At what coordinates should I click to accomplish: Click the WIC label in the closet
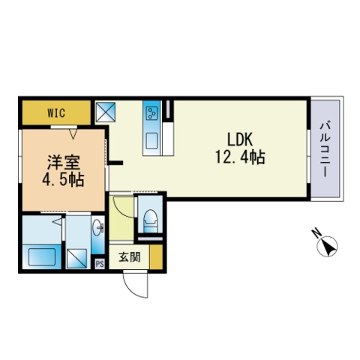56,113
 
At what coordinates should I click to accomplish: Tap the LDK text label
240,139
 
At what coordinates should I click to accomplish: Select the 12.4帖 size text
240,157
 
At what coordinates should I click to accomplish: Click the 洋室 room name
64,163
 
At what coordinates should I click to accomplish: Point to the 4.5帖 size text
63,180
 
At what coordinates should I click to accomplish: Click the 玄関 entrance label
130,257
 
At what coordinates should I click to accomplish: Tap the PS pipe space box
100,264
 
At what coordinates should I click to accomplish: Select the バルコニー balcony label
325,149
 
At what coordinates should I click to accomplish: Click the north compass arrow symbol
327,246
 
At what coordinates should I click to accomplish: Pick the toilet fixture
150,221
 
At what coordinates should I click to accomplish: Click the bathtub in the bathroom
42,256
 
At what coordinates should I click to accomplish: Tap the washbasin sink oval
97,227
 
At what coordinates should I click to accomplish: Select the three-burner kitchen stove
151,113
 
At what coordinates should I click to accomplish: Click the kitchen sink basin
151,142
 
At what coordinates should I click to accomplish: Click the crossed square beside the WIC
106,112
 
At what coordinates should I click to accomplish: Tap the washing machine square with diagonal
77,259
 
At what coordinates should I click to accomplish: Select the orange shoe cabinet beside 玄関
156,257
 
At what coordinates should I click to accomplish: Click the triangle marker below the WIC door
73,133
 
